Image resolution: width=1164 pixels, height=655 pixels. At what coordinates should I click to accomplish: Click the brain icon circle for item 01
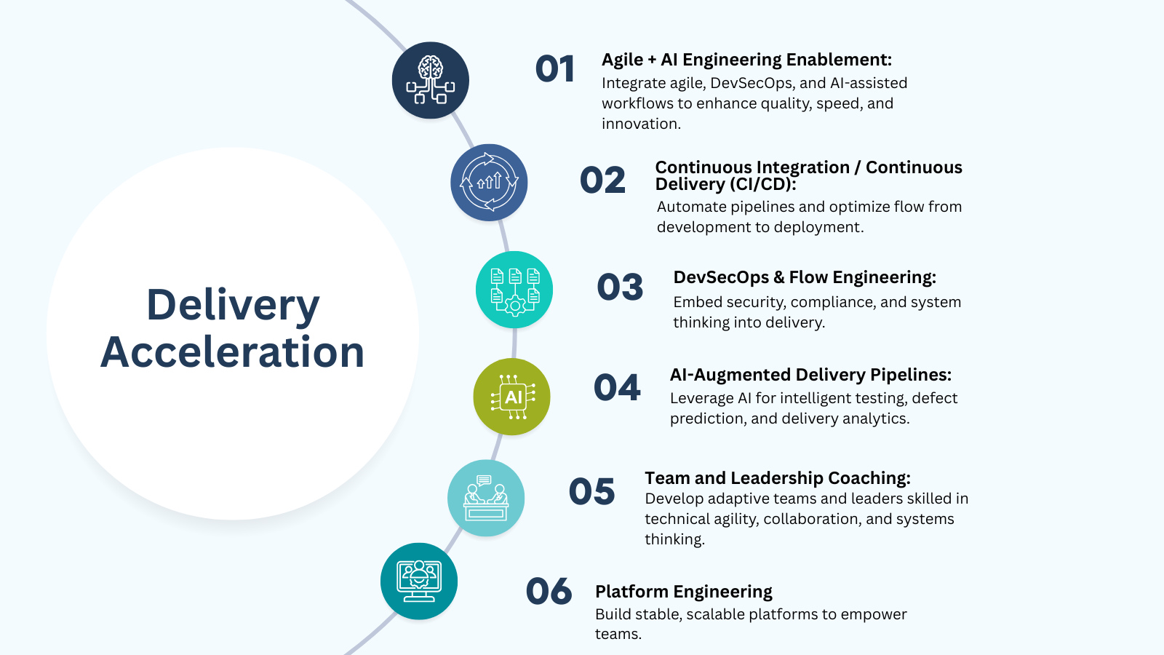pyautogui.click(x=430, y=81)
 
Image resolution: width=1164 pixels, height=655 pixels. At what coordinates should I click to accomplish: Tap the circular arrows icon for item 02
pyautogui.click(x=489, y=183)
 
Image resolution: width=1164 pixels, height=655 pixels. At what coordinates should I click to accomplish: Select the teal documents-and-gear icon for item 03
pyautogui.click(x=514, y=290)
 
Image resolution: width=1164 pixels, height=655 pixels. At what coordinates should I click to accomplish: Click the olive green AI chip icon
pyautogui.click(x=512, y=397)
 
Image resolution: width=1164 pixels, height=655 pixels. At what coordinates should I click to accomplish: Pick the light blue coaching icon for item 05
pyautogui.click(x=486, y=498)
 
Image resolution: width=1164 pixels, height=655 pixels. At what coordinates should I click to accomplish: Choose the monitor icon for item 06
pyautogui.click(x=419, y=581)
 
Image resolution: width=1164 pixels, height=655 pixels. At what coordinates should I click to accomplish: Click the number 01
pyautogui.click(x=555, y=68)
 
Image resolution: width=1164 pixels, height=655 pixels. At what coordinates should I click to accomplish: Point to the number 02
pyautogui.click(x=602, y=180)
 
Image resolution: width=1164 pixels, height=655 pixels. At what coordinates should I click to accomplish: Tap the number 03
pyautogui.click(x=620, y=287)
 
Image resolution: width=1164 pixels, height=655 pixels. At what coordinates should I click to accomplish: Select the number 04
pyautogui.click(x=617, y=387)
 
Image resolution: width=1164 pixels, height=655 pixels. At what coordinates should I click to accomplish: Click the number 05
pyautogui.click(x=592, y=491)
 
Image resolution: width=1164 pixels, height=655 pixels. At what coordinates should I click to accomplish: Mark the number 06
pyautogui.click(x=549, y=591)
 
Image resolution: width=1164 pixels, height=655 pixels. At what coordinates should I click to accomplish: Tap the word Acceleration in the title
pyautogui.click(x=232, y=352)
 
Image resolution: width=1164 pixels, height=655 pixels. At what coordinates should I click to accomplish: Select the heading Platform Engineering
pyautogui.click(x=684, y=592)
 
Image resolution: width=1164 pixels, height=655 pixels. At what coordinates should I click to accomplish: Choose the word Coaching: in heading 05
pyautogui.click(x=869, y=478)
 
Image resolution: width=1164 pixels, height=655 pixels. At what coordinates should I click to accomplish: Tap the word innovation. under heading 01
pyautogui.click(x=641, y=124)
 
